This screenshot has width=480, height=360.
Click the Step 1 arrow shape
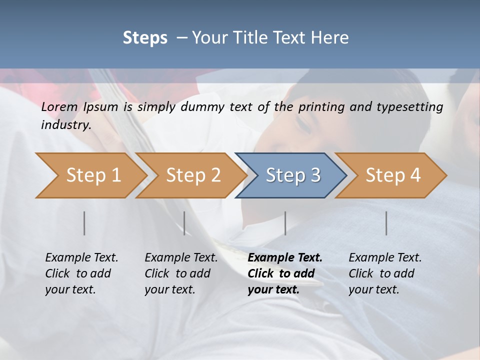[x=93, y=175]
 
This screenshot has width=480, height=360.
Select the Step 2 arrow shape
[x=193, y=175]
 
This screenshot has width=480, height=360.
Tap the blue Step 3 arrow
[x=293, y=175]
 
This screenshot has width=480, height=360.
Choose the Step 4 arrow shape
[x=393, y=175]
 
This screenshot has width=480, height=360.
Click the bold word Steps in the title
[x=145, y=38]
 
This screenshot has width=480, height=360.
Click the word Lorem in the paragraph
[x=59, y=106]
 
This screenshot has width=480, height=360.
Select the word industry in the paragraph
[x=66, y=124]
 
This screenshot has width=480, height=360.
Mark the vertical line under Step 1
[x=84, y=223]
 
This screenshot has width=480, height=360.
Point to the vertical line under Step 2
[x=184, y=223]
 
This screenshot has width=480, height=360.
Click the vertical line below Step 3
[x=285, y=223]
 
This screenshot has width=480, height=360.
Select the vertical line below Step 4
[x=386, y=223]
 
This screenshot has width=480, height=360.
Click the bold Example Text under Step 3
[x=285, y=258]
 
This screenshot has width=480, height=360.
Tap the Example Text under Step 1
[x=81, y=258]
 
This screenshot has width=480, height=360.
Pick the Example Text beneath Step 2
[x=181, y=258]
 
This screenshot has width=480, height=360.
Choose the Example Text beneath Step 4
[x=385, y=258]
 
